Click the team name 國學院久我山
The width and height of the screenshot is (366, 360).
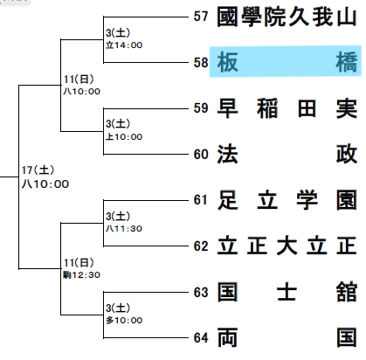287,17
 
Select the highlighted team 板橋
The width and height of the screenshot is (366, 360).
287,62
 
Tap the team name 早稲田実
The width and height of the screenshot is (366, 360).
287,108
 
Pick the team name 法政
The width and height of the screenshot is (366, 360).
287,154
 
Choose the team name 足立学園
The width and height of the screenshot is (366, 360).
287,200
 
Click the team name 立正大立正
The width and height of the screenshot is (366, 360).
287,246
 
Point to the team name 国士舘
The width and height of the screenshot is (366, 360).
287,292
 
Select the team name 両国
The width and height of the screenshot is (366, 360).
287,337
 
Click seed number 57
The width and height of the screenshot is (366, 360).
201,17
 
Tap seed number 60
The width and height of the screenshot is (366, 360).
201,154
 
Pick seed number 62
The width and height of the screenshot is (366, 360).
201,246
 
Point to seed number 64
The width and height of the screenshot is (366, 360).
201,338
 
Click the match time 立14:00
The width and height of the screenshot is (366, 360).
124,45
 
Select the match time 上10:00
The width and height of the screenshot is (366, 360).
124,136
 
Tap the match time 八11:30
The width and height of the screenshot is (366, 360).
124,228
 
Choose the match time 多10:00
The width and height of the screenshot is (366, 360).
124,320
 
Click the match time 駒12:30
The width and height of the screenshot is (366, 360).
82,274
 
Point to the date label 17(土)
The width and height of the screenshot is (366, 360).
38,170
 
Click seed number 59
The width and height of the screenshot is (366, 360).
201,108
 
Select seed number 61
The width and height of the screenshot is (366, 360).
201,200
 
